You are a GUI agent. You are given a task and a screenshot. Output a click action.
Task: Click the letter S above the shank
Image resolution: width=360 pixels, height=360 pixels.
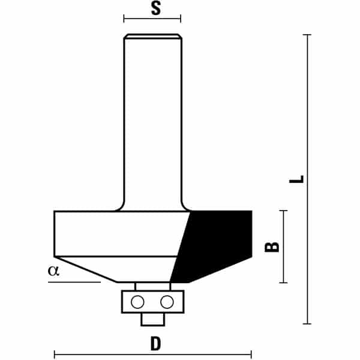156,8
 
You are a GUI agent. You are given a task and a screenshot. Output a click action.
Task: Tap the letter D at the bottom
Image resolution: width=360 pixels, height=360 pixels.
155,343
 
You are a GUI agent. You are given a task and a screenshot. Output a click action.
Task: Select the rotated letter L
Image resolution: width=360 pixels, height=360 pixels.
296,179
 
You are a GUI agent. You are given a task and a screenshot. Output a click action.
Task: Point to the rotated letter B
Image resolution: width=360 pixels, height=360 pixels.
272,247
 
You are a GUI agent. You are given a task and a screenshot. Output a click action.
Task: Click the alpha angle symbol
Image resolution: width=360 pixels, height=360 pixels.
53,271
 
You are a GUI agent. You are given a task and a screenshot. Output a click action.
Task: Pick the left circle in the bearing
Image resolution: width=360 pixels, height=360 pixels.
137,302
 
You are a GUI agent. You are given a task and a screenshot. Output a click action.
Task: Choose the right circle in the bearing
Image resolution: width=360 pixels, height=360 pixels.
167,302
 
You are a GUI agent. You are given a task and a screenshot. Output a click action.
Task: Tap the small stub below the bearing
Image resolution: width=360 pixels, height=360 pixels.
153,319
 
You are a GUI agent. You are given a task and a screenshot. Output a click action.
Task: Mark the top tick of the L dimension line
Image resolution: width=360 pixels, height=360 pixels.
307,35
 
